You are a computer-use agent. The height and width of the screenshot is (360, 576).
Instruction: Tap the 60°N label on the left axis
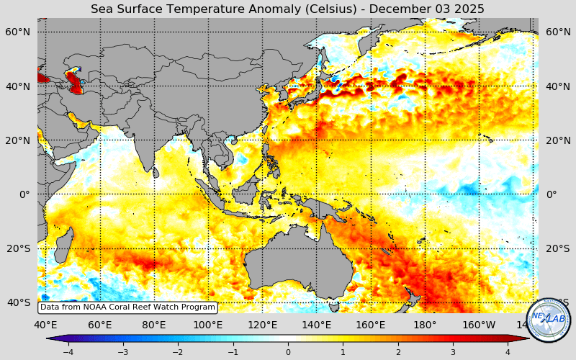point(18,32)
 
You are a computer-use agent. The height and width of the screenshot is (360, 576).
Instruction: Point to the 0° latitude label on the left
point(24,194)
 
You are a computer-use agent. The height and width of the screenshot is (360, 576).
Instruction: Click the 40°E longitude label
point(46,325)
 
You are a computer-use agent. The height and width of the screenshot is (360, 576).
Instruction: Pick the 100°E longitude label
point(208,325)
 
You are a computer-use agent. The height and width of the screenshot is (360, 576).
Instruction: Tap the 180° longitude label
point(425,325)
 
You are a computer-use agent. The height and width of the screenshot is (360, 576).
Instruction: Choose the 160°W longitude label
point(480,325)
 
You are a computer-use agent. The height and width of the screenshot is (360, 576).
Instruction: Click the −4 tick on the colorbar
point(68,352)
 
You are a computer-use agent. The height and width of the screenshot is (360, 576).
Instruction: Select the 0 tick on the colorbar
point(288,352)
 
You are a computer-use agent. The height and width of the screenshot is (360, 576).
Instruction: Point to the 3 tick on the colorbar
point(454,352)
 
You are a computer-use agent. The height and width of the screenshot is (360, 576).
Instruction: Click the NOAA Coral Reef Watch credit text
point(127,307)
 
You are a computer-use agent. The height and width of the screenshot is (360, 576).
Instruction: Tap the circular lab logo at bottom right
point(549,319)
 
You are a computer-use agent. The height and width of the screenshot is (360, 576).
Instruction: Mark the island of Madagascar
point(63,245)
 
